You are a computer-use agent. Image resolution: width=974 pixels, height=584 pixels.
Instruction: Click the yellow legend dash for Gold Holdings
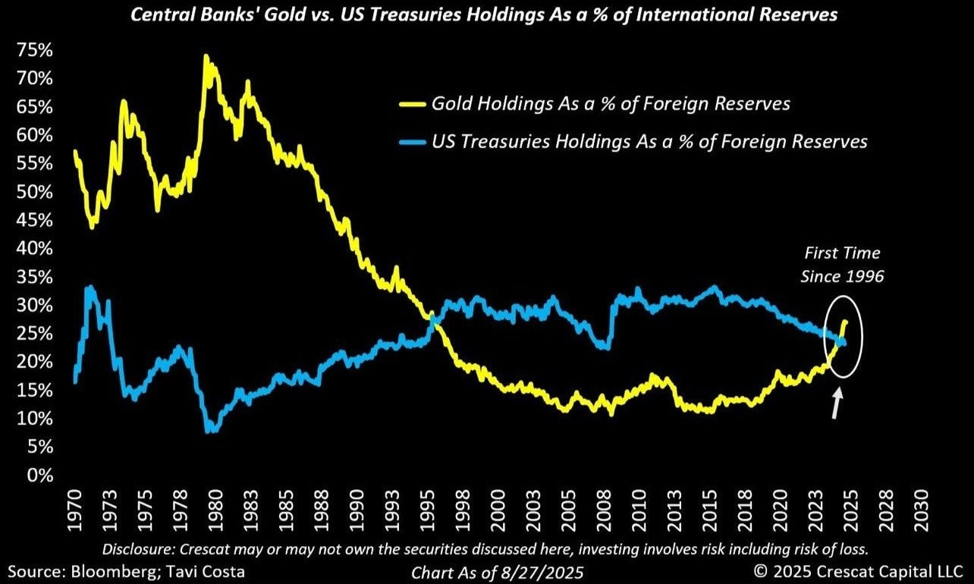pos(413,104)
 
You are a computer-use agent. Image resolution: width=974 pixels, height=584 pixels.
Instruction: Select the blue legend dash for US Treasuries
pos(413,142)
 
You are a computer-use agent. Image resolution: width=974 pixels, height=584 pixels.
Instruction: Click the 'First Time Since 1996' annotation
pos(842,265)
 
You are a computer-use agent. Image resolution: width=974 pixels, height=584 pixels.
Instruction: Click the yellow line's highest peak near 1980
pos(206,57)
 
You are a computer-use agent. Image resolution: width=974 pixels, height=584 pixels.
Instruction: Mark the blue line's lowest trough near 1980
pos(210,430)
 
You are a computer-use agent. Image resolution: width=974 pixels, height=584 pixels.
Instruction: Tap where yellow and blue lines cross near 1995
pos(432,316)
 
